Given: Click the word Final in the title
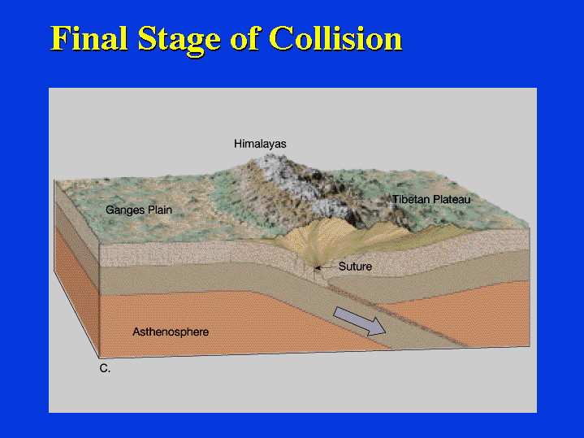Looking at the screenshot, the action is click(89, 38).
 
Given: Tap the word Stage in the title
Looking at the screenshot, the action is click(180, 41).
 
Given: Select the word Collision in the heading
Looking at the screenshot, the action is click(335, 38).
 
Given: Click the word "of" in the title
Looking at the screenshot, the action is click(244, 38).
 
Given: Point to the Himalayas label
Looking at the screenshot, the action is click(260, 144).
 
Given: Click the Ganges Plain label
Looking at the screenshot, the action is click(139, 210).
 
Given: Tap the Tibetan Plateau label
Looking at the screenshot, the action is click(431, 199).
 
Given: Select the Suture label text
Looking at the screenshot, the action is click(355, 267).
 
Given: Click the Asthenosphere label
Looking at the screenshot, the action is click(171, 332).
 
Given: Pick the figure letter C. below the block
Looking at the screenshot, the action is click(105, 368).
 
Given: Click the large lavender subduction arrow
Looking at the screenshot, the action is click(359, 321).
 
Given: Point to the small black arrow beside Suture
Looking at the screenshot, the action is click(325, 267).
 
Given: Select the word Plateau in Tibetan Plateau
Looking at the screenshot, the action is click(451, 199).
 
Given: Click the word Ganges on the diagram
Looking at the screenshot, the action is click(126, 210).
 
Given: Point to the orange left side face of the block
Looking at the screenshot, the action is click(76, 291).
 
